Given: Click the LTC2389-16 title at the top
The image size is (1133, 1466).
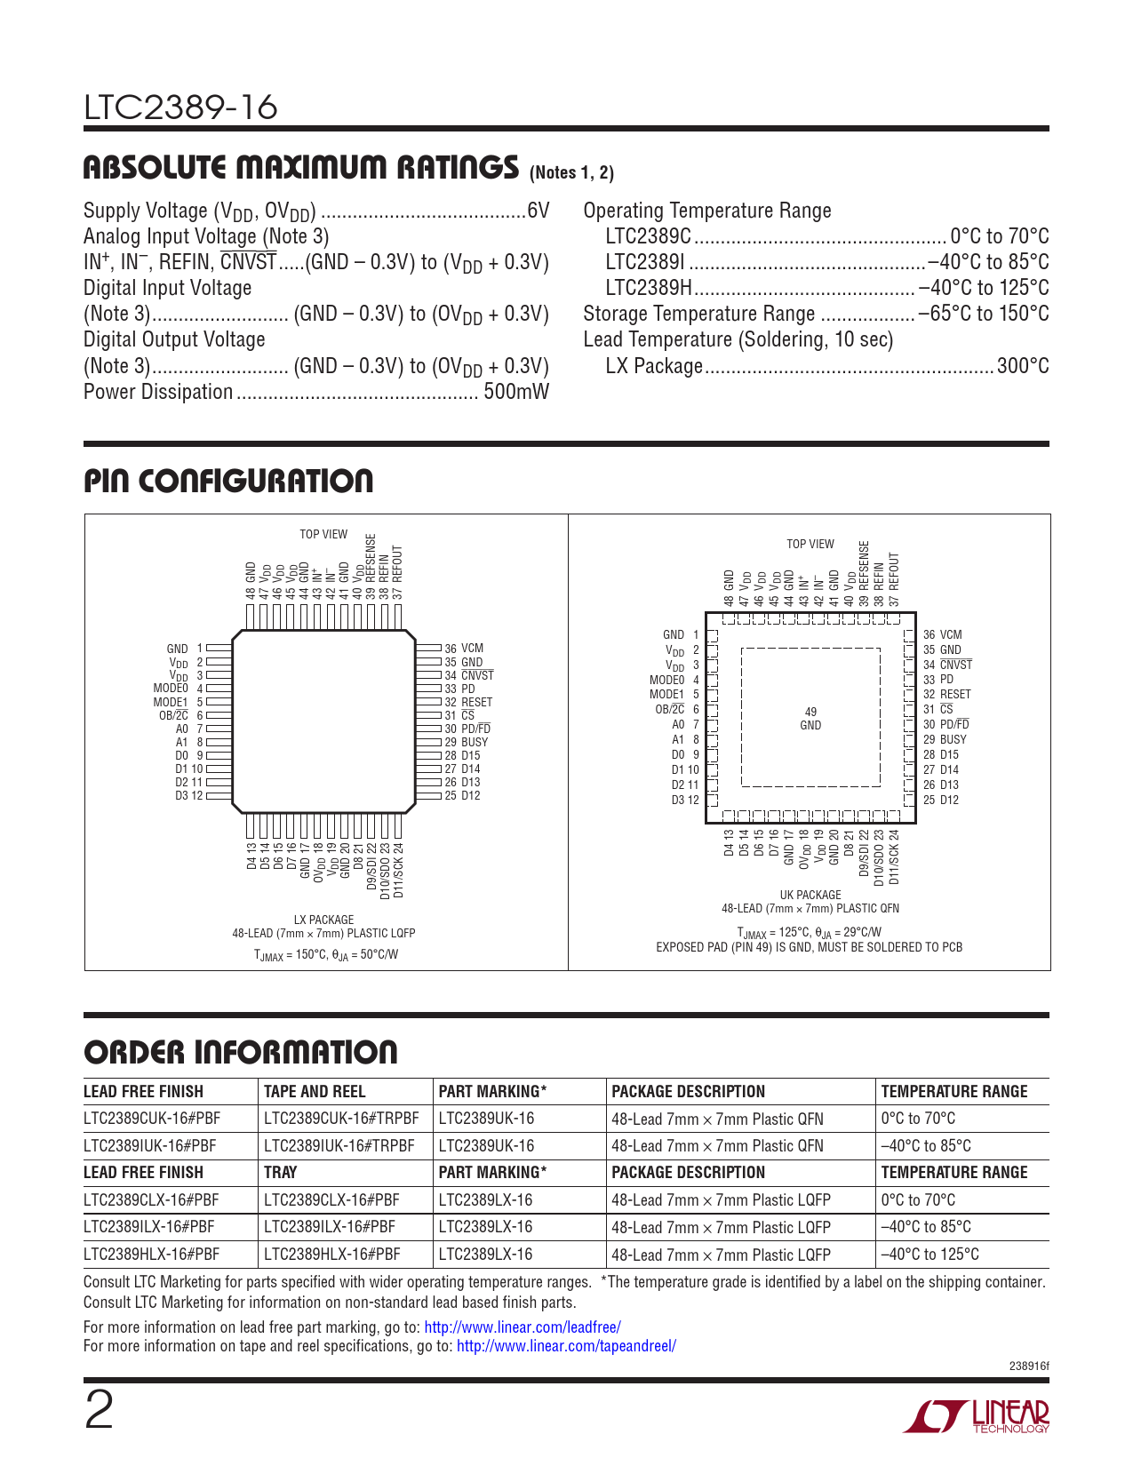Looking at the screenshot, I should coord(180,108).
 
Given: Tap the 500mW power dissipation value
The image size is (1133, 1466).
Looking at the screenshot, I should coord(515,392).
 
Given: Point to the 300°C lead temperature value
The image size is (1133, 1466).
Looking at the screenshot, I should coord(1023,366).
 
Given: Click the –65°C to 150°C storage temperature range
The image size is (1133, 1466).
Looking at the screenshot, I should coord(983,314).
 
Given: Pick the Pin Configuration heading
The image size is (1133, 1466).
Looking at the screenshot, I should coord(228,481).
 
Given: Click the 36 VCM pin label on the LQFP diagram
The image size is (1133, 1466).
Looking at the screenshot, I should coord(464,649).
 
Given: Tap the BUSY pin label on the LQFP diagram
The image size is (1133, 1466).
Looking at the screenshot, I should coord(474,742).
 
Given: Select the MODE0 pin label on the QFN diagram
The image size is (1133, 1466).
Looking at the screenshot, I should coord(667,680).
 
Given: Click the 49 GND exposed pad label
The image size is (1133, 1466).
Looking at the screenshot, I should coord(810,719).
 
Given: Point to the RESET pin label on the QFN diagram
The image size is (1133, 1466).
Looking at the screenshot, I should coord(954,694).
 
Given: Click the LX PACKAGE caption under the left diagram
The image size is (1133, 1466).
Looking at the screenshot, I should coord(323,920).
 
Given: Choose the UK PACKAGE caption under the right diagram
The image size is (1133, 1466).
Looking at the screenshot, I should coord(810,895).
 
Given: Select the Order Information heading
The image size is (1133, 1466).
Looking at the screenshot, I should coord(241,1052).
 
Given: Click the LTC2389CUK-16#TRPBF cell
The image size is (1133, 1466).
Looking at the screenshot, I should coord(341,1119).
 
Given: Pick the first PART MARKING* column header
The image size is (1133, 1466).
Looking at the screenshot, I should coord(492,1091).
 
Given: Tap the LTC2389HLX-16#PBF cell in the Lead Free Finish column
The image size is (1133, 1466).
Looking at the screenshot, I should coord(151,1255).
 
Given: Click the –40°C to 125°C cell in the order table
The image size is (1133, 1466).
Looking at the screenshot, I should coord(930,1255).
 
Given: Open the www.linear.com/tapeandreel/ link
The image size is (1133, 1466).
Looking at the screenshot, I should coord(566,1346).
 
